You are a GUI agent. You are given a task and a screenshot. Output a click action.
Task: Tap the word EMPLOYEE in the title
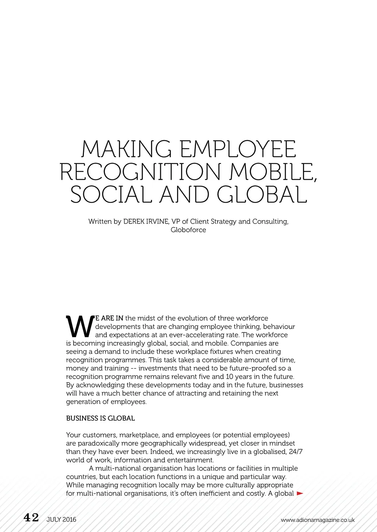pyautogui.click(x=237, y=149)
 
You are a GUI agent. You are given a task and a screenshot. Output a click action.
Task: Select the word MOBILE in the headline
pyautogui.click(x=273, y=172)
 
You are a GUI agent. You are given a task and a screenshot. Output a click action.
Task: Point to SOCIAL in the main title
pyautogui.click(x=111, y=195)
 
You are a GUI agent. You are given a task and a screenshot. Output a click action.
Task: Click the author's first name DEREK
pyautogui.click(x=135, y=222)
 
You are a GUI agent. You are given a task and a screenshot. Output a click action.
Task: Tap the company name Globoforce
pyautogui.click(x=188, y=230)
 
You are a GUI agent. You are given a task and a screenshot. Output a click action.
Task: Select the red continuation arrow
pyautogui.click(x=300, y=493)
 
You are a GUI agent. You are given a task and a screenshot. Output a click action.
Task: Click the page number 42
pyautogui.click(x=31, y=518)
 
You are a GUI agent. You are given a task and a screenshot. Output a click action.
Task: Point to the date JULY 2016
pyautogui.click(x=61, y=519)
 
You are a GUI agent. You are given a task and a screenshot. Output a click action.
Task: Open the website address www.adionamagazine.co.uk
pyautogui.click(x=317, y=520)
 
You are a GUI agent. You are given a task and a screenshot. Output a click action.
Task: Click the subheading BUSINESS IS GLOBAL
pyautogui.click(x=101, y=418)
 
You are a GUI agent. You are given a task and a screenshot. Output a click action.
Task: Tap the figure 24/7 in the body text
pyautogui.click(x=296, y=452)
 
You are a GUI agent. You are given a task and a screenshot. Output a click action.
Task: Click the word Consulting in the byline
pyautogui.click(x=270, y=222)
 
